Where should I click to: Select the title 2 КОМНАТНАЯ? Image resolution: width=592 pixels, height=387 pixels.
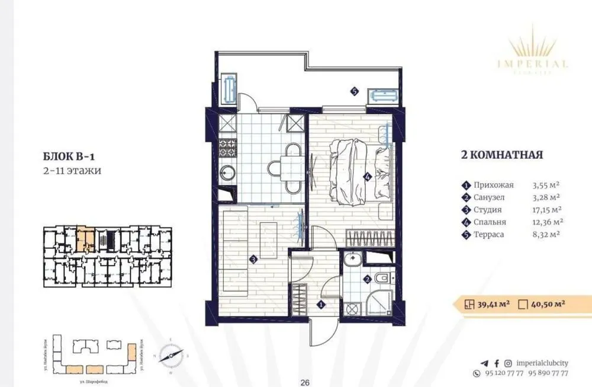click(x=502, y=156)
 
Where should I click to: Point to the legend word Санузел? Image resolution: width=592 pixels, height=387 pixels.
click(x=490, y=197)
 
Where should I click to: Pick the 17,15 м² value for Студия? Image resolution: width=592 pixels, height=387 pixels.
click(x=548, y=209)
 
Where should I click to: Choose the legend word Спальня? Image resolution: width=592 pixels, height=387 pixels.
click(x=490, y=222)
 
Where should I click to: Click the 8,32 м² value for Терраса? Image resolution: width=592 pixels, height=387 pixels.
click(x=547, y=234)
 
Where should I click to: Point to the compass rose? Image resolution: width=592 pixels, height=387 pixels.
click(x=170, y=356)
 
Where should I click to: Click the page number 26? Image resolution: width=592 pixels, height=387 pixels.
click(x=305, y=382)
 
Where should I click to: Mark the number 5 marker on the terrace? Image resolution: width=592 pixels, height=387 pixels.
click(x=354, y=91)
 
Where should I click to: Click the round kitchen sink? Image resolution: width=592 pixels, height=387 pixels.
click(x=228, y=173)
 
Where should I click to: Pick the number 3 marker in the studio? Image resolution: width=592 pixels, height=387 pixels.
click(x=253, y=259)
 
